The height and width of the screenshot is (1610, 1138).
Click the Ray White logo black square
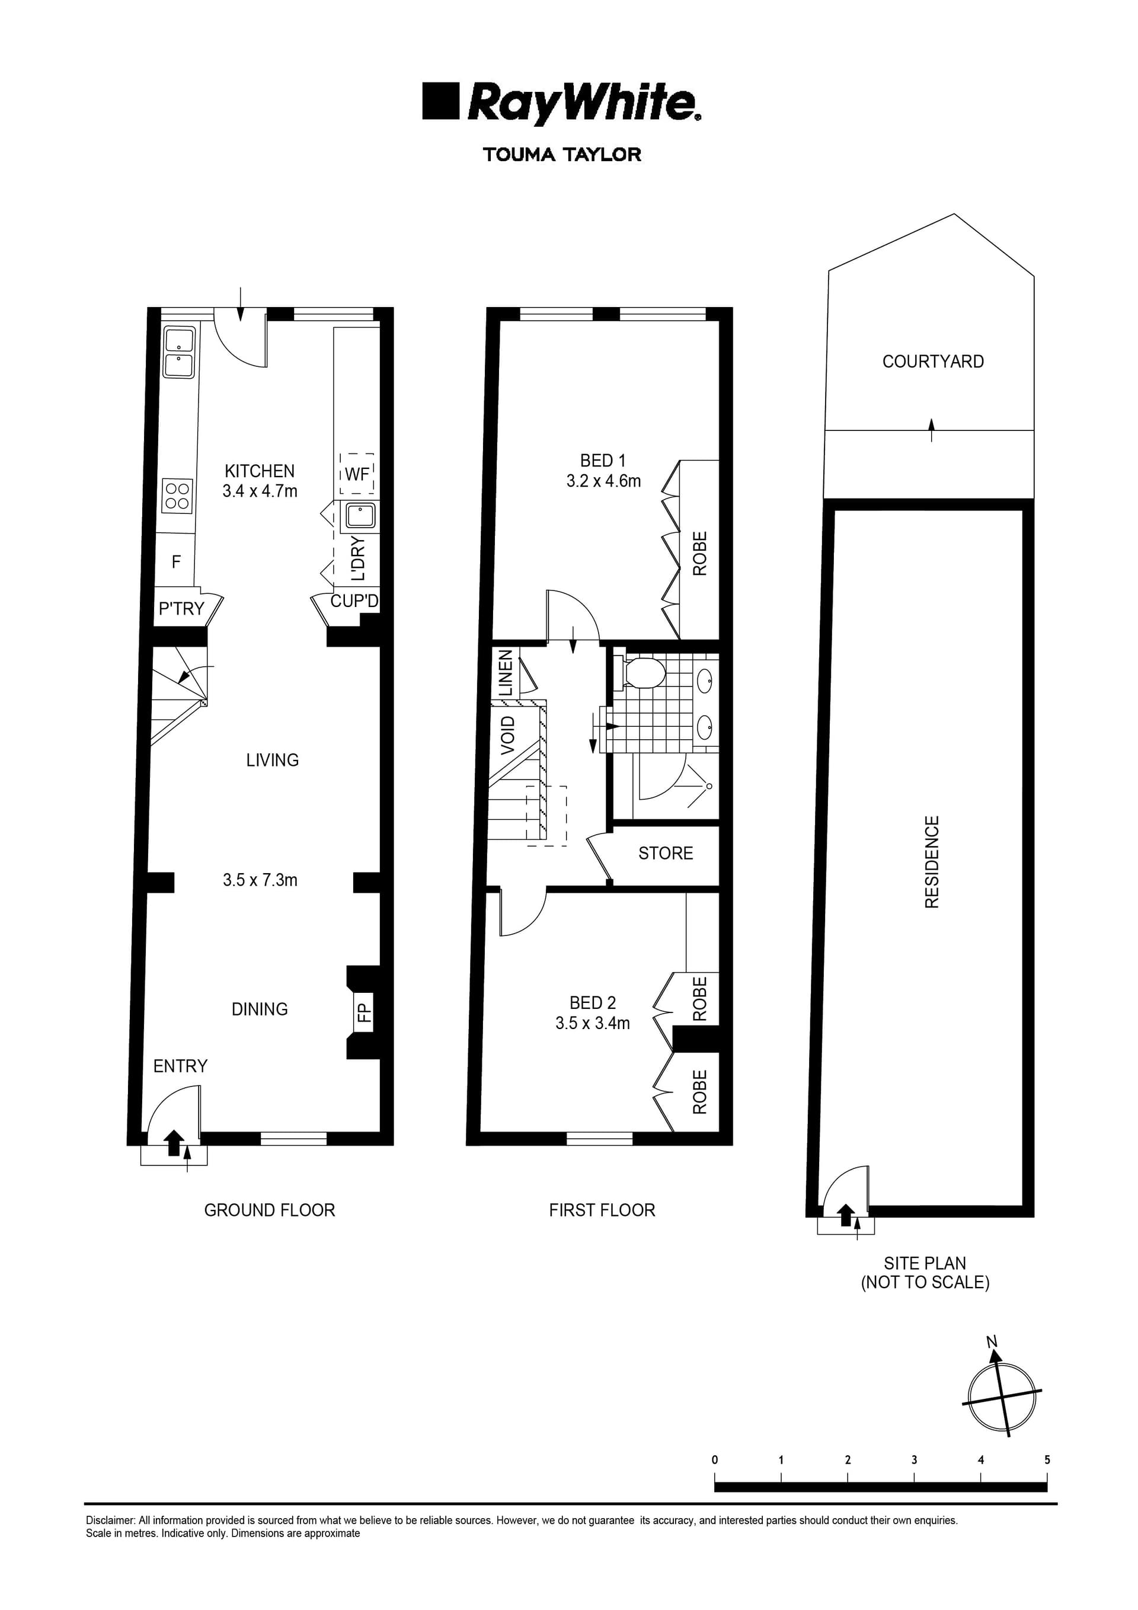pos(440,101)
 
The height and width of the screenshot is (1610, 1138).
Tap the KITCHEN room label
pos(260,471)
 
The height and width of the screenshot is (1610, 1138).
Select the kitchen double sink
pos(179,353)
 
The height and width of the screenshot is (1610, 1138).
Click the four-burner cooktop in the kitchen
pos(177,495)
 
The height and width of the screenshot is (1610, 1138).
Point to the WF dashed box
pos(357,474)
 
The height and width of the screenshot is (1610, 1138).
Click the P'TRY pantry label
pos(181,609)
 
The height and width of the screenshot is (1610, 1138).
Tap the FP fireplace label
pos(363,1012)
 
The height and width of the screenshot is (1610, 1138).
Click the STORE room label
pos(666,854)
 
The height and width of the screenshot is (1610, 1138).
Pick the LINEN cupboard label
pos(506,672)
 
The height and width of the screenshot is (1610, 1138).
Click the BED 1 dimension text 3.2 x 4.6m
pos(603,481)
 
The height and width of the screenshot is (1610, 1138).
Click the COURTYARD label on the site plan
pos(932,361)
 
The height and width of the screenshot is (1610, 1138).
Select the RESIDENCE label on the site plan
pos(932,862)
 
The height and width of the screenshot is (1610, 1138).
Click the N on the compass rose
pos(992,1342)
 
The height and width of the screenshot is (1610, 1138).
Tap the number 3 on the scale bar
pos(915,1460)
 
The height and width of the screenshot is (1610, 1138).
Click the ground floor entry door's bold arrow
pos(174,1142)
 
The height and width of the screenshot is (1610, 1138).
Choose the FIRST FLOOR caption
pos(602,1210)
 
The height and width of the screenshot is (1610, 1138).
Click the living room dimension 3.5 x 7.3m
pos(260,880)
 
